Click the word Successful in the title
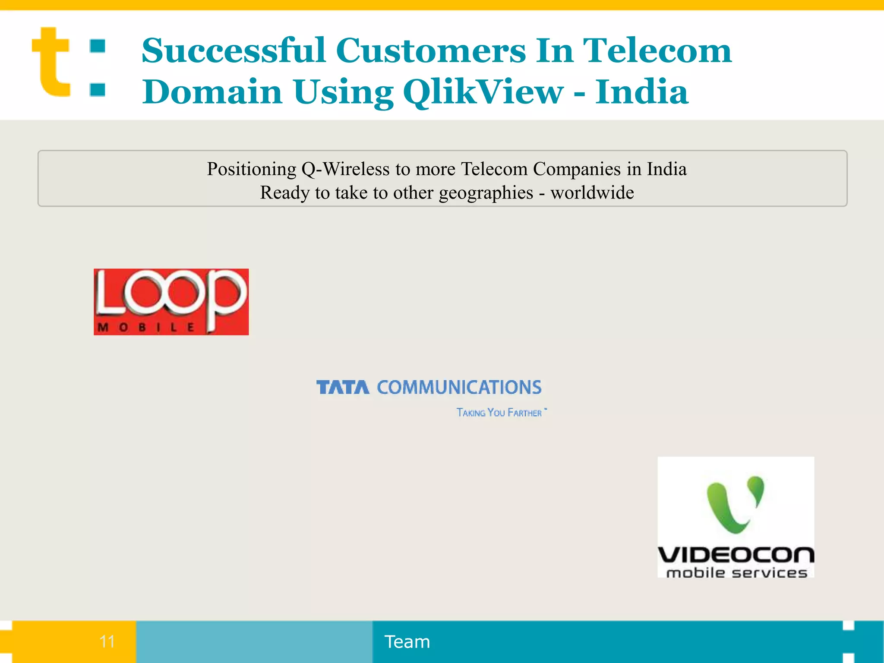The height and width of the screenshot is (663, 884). coord(234,51)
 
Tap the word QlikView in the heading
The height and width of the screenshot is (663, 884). coord(483,92)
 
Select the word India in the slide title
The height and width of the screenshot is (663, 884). coord(641,92)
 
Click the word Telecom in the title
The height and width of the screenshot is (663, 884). coord(657,51)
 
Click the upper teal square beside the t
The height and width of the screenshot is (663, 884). coord(98,46)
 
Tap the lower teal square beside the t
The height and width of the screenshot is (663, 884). coord(98,89)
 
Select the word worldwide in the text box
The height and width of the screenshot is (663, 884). coord(592,193)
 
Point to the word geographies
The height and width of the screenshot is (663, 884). coord(486,193)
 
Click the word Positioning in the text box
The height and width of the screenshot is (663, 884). coord(251,169)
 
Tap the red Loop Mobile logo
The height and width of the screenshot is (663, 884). coord(171,301)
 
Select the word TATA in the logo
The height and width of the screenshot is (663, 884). coord(343,387)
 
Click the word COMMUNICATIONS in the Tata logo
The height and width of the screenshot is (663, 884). coord(459,387)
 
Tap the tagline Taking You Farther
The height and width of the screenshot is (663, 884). coord(499,413)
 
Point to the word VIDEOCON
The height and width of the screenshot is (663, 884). coord(736,555)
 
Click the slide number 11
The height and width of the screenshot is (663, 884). coord(107,641)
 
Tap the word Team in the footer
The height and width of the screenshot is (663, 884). coord(407,642)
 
